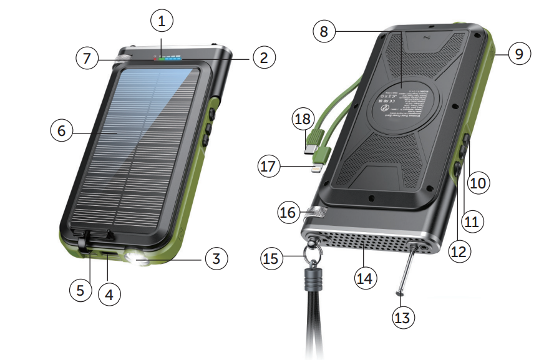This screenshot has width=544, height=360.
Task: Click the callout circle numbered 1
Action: [162, 22]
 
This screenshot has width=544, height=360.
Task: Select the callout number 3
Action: [215, 258]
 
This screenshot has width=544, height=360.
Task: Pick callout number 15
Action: [271, 256]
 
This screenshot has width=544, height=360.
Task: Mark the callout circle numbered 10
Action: [480, 182]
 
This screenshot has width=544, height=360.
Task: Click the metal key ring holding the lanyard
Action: [309, 255]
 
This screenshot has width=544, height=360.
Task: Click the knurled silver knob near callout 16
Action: [317, 213]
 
